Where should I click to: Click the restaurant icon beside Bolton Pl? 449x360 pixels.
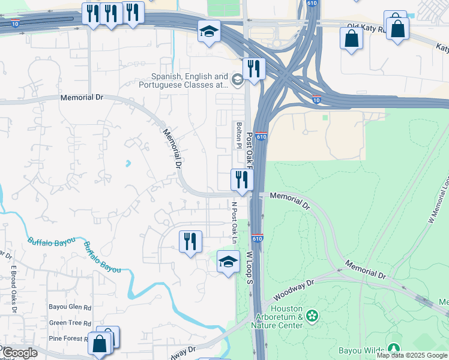click(x=241, y=179)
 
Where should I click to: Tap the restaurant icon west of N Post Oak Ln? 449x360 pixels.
click(x=190, y=241)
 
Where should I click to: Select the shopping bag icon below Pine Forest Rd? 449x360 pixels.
click(x=100, y=344)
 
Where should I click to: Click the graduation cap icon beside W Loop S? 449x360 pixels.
click(x=228, y=262)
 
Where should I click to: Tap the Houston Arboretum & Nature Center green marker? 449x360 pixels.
click(x=312, y=315)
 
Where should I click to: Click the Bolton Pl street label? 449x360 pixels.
click(x=239, y=135)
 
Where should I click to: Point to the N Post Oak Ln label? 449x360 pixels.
click(x=235, y=223)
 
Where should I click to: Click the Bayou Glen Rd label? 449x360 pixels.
click(x=70, y=307)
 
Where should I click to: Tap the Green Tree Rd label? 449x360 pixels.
click(x=70, y=323)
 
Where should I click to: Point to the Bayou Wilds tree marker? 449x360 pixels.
click(x=393, y=349)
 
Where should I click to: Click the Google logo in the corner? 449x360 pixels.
click(x=20, y=353)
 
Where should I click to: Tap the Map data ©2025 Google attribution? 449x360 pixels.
click(x=412, y=355)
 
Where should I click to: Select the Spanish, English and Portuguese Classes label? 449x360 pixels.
click(x=189, y=81)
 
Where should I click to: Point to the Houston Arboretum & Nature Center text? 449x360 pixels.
click(x=277, y=321)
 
